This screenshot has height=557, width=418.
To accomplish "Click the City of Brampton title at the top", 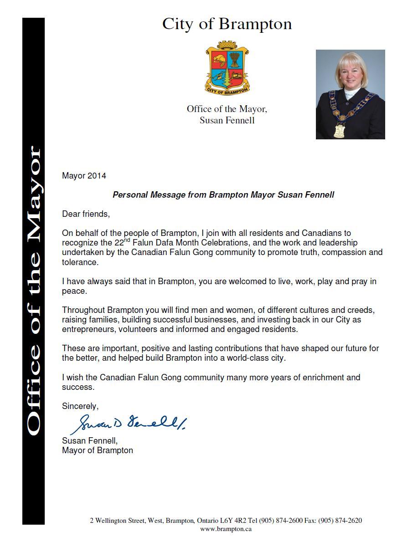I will pos(227,24).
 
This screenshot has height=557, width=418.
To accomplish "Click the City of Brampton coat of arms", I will pos(227,67).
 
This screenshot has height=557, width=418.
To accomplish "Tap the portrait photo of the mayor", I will pos(350,94).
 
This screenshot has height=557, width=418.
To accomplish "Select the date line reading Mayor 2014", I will pos(84,175).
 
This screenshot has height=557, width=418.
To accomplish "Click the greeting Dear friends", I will pos(86,214).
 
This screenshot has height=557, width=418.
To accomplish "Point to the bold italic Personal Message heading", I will pos(223,194).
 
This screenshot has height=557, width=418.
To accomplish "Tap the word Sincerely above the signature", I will pos(80,406).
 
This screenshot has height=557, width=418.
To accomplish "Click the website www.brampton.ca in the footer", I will pos(226,529).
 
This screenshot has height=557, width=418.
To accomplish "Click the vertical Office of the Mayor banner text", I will pos(34,291).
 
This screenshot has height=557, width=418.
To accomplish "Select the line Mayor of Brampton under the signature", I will pos(98,450).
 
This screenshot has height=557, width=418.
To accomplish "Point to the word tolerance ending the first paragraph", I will pos(79,262).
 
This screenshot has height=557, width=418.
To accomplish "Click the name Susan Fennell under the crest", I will pos(227,121).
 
